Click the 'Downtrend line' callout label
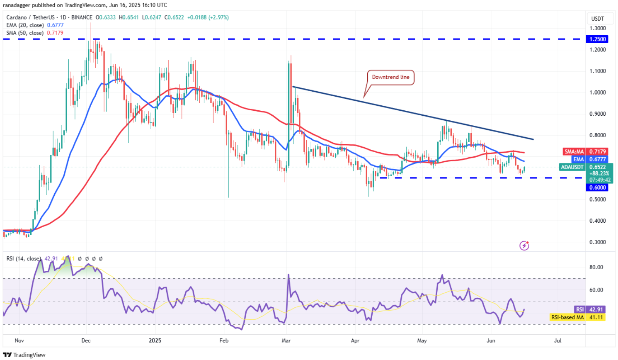tap(390, 77)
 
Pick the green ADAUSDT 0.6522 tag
tap(585, 167)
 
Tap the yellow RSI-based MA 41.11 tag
tap(577, 317)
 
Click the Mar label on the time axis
tap(286, 341)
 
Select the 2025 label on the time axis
tap(155, 341)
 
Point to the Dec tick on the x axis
tap(86, 341)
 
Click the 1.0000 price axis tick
tap(598, 92)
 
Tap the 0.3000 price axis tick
tap(598, 242)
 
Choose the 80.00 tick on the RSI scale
tap(596, 267)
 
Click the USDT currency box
tap(597, 19)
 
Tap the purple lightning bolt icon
tap(524, 246)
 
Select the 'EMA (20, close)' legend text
tap(25, 25)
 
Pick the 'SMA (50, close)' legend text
tap(25, 33)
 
